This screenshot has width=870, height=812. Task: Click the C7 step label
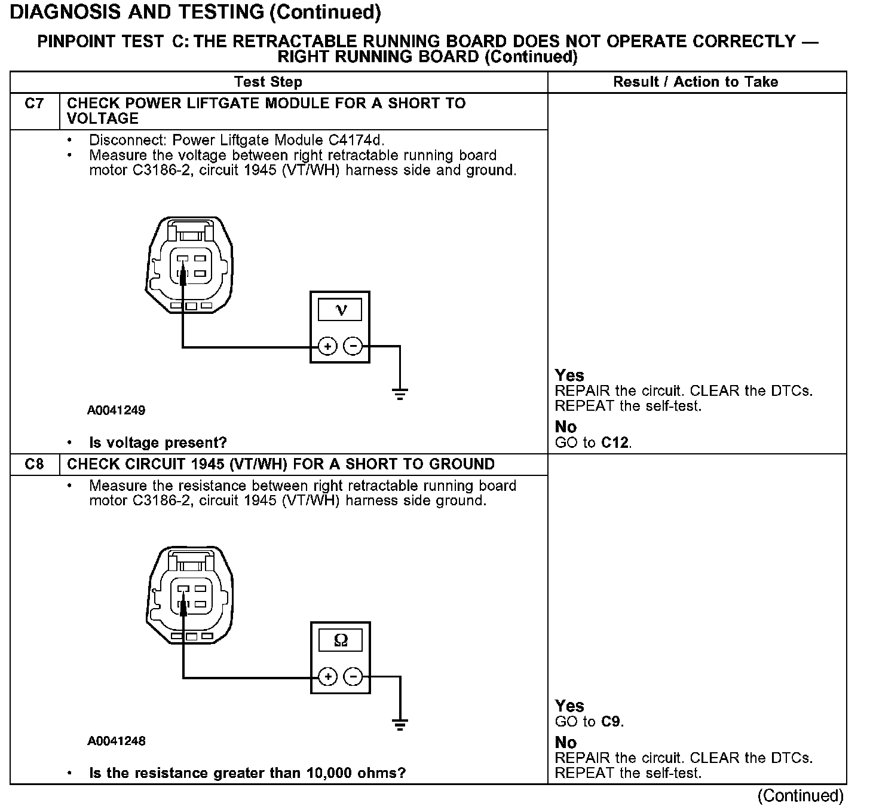pos(34,103)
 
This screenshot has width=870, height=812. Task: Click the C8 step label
pos(34,465)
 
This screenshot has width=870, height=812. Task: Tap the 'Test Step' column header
pos(268,82)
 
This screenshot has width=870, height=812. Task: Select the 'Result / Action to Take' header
pos(696,82)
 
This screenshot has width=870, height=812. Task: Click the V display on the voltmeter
pos(341,310)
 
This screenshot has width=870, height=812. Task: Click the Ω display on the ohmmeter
pos(341,640)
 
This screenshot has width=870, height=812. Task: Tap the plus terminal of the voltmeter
pos(327,346)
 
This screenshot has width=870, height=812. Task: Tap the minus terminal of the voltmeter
pos(353,346)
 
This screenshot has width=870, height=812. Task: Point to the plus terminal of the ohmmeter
pos(327,677)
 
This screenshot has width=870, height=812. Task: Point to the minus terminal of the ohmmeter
pos(353,677)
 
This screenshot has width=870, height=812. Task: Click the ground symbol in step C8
pos(400,725)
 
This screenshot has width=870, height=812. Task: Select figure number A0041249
pos(116,411)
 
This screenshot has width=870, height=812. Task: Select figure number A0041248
pos(116,741)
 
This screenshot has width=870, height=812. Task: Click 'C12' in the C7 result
pos(615,443)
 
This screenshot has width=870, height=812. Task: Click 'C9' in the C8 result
pos(611,722)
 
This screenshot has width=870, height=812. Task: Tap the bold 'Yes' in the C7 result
pos(569,376)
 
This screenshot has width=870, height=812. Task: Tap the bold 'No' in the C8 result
pos(565,743)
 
